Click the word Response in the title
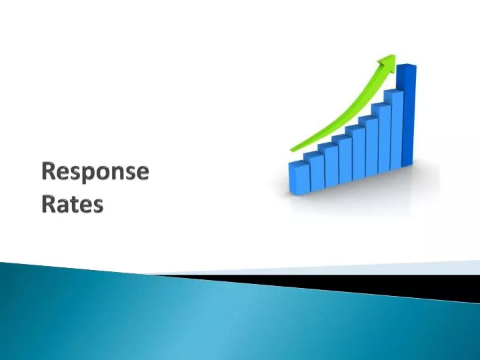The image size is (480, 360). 94,172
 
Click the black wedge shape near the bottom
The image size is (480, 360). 373,285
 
